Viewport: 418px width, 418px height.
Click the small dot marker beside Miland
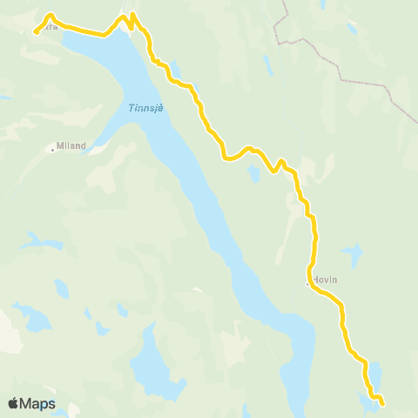(x=52, y=150)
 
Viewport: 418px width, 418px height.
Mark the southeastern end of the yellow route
(x=383, y=402)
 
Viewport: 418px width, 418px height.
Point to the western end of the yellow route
(x=36, y=32)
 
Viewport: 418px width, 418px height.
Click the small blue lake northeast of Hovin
(x=352, y=255)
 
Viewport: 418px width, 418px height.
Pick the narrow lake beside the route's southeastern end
(x=377, y=374)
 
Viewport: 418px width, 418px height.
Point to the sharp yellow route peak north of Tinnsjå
(x=131, y=15)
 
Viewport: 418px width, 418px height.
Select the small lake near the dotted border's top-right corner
(x=352, y=28)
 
